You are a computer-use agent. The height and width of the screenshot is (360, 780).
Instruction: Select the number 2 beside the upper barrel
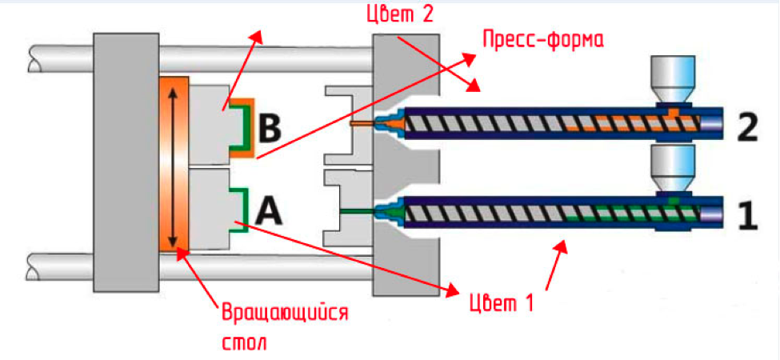(746, 127)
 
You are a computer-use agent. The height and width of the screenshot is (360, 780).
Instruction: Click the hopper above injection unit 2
(673, 80)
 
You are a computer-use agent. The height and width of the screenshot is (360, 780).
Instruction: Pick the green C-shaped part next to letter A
(239, 210)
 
